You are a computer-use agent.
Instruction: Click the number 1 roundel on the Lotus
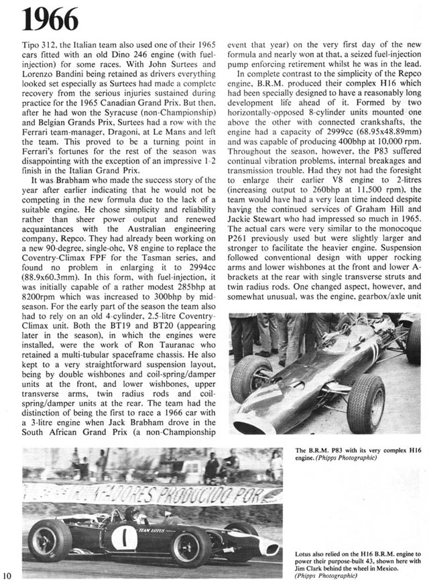(123, 538)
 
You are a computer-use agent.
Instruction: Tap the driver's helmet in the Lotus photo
(134, 513)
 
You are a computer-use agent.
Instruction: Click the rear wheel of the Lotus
(50, 540)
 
